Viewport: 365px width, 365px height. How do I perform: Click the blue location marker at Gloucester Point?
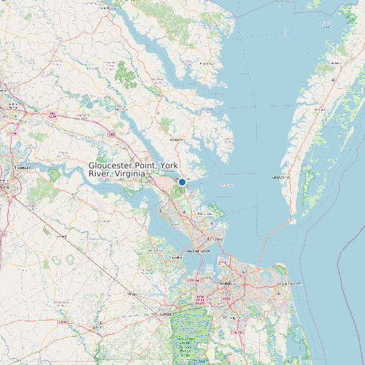click(182, 182)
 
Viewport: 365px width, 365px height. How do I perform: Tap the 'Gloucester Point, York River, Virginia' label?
click(117, 170)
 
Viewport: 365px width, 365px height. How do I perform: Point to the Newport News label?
click(197, 251)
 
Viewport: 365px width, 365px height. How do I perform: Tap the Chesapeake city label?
click(231, 317)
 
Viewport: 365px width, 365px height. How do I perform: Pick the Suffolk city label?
click(166, 314)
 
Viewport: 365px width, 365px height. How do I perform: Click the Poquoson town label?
click(204, 214)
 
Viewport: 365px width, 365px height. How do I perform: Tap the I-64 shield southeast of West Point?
click(111, 134)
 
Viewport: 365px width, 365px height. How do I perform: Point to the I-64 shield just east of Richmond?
click(53, 114)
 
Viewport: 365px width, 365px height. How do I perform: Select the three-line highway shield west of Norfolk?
click(199, 297)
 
